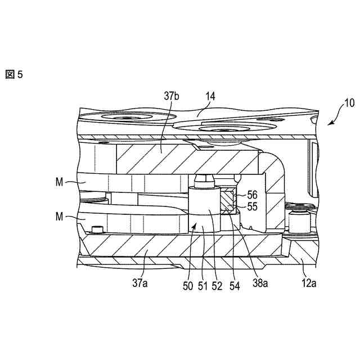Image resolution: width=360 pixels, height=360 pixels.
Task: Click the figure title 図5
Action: pyautogui.click(x=14, y=74)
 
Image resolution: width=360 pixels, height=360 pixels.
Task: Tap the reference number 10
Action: pyautogui.click(x=349, y=103)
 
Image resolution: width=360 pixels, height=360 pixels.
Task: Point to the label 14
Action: pyautogui.click(x=210, y=97)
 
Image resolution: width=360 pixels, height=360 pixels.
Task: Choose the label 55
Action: pyautogui.click(x=252, y=206)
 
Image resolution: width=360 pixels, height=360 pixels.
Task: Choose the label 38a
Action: pyautogui.click(x=259, y=284)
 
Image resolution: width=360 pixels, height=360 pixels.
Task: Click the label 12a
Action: pyautogui.click(x=308, y=284)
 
